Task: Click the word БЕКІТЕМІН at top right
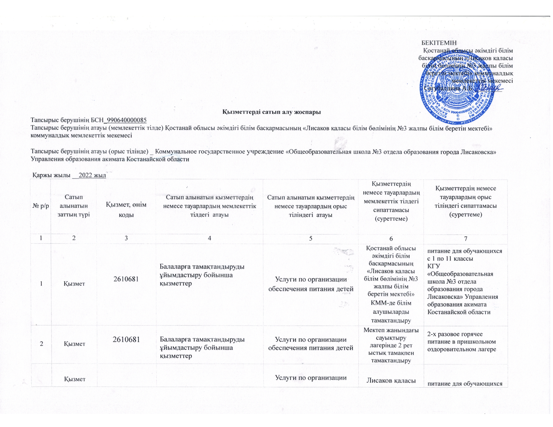[439, 42]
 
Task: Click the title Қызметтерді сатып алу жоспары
[271, 112]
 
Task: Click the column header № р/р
[41, 206]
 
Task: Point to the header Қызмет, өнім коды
[126, 209]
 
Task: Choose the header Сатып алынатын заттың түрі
[74, 206]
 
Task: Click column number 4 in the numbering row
[209, 239]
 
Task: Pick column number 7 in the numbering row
[465, 239]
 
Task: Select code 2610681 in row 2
[126, 340]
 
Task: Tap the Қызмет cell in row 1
[74, 284]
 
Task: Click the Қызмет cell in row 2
[74, 344]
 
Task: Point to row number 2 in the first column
[41, 344]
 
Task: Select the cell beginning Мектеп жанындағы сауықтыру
[391, 345]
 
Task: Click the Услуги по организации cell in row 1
[311, 284]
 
